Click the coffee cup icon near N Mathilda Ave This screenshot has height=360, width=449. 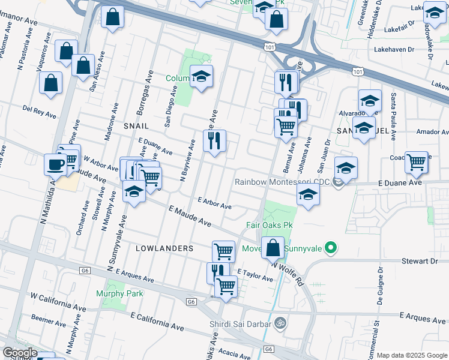click(55, 164)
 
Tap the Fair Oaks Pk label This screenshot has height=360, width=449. click(269, 225)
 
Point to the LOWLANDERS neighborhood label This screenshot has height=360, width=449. click(164, 248)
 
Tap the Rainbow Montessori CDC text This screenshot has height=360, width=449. click(283, 182)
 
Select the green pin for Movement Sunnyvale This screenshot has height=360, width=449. click(330, 247)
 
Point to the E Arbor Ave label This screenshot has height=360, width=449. click(214, 204)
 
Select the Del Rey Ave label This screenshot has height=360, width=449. click(38, 109)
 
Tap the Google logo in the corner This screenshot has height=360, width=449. click(20, 353)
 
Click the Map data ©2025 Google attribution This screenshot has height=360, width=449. click(412, 355)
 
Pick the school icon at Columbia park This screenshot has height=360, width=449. click(202, 76)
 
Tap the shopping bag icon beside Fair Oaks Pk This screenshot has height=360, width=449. click(273, 247)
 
